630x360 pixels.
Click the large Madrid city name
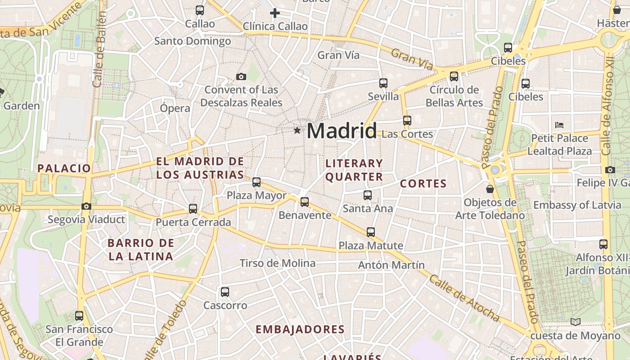(342, 131)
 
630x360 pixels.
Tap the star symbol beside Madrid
(297, 130)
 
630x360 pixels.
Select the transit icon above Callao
(200, 10)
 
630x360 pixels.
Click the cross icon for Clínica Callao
(274, 13)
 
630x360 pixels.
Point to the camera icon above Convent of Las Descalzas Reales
(241, 76)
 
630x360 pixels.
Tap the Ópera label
(175, 108)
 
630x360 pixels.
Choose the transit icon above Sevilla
(383, 83)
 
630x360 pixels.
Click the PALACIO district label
(64, 168)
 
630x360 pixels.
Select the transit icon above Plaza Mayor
(256, 182)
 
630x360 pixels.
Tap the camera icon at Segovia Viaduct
(86, 206)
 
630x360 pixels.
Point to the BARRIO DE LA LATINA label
(140, 250)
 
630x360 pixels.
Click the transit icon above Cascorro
(225, 292)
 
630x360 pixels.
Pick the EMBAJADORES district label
(300, 329)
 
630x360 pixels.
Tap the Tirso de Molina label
(277, 263)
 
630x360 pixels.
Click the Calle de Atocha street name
(464, 298)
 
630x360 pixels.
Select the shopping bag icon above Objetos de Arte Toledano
(490, 189)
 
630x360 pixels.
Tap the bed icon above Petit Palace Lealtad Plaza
(559, 125)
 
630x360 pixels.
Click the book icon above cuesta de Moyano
(575, 322)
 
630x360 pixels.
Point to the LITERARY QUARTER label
(354, 170)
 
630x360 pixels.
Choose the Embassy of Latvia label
(577, 205)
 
